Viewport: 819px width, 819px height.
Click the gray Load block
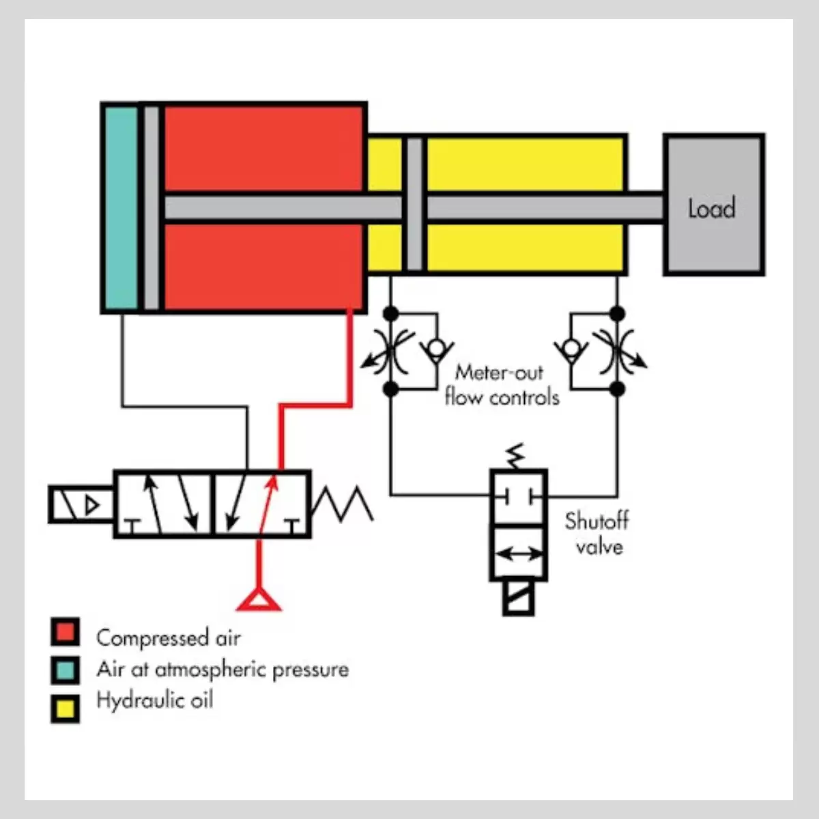tap(714, 205)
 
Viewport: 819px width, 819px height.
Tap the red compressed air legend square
tap(65, 631)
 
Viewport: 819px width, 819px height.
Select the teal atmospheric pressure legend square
tap(65, 670)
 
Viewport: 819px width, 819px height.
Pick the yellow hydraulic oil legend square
tap(65, 708)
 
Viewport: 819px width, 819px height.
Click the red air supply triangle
tap(259, 601)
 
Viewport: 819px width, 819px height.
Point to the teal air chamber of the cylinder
tap(121, 208)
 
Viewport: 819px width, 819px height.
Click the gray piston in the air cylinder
tap(152, 208)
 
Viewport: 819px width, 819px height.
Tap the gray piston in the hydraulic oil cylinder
tap(415, 205)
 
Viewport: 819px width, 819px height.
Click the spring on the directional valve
tap(343, 504)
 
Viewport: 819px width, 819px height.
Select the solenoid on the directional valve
tap(81, 504)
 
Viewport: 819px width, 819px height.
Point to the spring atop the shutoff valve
tap(515, 457)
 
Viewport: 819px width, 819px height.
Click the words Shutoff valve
tap(597, 534)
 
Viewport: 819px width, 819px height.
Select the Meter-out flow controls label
tap(502, 385)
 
